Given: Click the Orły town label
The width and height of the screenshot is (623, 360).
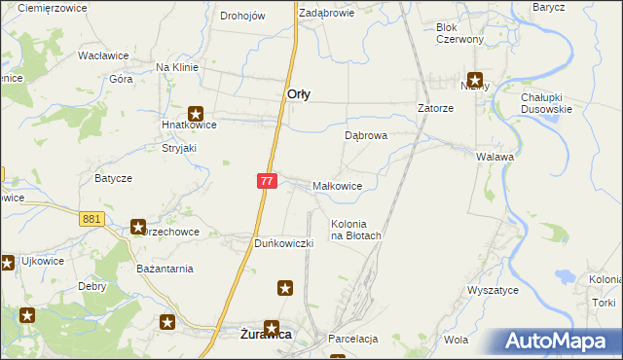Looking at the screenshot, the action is [299, 94].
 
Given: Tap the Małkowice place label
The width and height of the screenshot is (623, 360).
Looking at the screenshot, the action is [338, 185].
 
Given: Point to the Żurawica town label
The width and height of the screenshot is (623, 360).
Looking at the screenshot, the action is [267, 335].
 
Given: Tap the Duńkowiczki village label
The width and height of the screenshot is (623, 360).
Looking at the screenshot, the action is [282, 242].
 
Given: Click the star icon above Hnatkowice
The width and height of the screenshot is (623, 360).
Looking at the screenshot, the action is [197, 112].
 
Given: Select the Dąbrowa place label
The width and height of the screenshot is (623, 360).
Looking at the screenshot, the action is [366, 136].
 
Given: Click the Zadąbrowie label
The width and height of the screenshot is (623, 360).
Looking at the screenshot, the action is [326, 14].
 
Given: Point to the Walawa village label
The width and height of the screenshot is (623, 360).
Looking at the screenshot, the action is [495, 156].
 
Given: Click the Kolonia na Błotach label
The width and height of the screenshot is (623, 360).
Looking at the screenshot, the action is [355, 229].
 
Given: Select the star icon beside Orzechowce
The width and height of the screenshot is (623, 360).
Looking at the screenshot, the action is [138, 226].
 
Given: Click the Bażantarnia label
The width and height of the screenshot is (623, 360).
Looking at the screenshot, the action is [165, 268].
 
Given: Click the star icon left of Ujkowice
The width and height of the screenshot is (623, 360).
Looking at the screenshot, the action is [8, 261].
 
